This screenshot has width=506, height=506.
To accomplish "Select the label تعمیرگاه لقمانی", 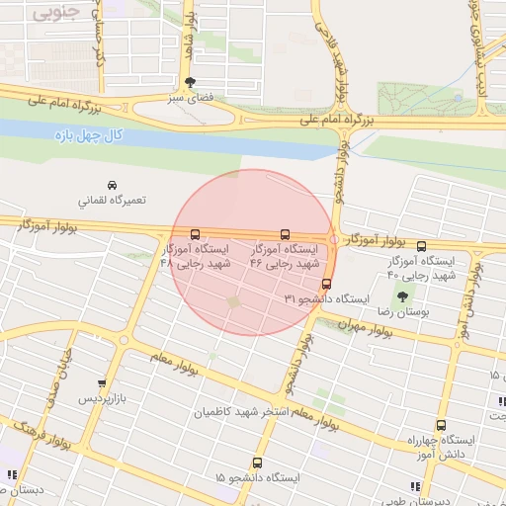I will [111, 200].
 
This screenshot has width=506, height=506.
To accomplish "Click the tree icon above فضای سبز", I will [190, 83].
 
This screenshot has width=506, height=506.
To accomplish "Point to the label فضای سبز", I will [189, 99].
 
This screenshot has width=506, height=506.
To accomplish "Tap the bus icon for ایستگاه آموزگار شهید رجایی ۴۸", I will [195, 235].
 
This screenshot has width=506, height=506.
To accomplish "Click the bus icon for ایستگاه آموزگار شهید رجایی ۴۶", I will [286, 235].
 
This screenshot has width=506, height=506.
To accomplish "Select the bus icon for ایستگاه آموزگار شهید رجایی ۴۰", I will [422, 246].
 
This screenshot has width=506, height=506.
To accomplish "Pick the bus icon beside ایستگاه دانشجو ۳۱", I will [326, 285].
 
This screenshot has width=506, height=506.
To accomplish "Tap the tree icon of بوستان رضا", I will [402, 296].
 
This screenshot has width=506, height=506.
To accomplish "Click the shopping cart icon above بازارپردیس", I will [102, 383].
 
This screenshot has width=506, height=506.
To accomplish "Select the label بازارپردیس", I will [102, 398].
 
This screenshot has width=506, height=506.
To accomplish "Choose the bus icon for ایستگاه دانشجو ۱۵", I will [258, 463].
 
